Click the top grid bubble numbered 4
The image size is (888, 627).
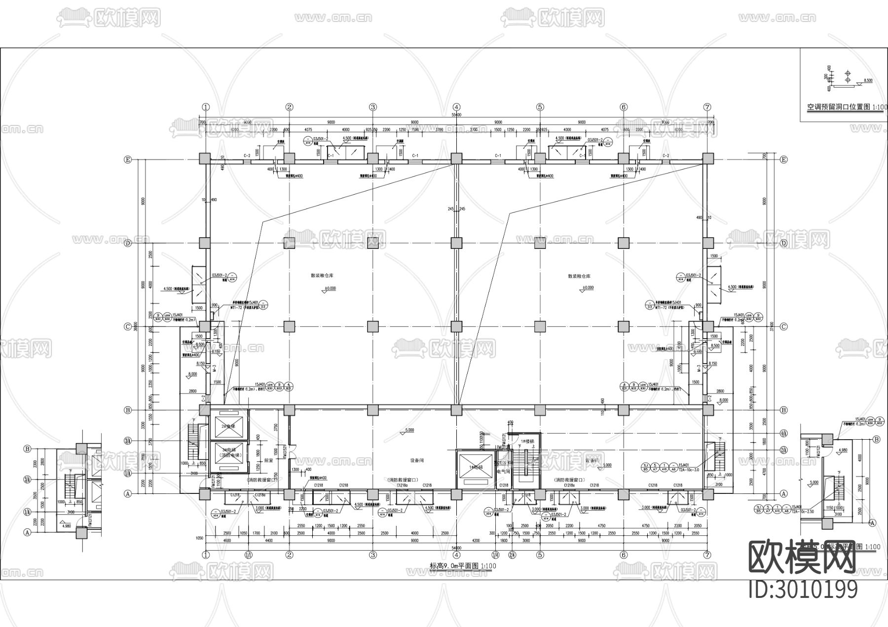(x=456, y=107)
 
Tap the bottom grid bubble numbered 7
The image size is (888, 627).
(x=707, y=555)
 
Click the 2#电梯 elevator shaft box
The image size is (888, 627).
(x=228, y=425)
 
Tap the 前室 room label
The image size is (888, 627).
(x=268, y=460)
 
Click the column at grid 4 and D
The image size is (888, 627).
(x=456, y=243)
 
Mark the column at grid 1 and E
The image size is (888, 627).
(x=205, y=159)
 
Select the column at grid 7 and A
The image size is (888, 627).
(x=707, y=493)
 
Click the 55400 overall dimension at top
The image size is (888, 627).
(x=456, y=115)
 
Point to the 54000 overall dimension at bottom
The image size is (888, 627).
(x=456, y=548)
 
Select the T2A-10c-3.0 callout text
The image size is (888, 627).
(x=690, y=470)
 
